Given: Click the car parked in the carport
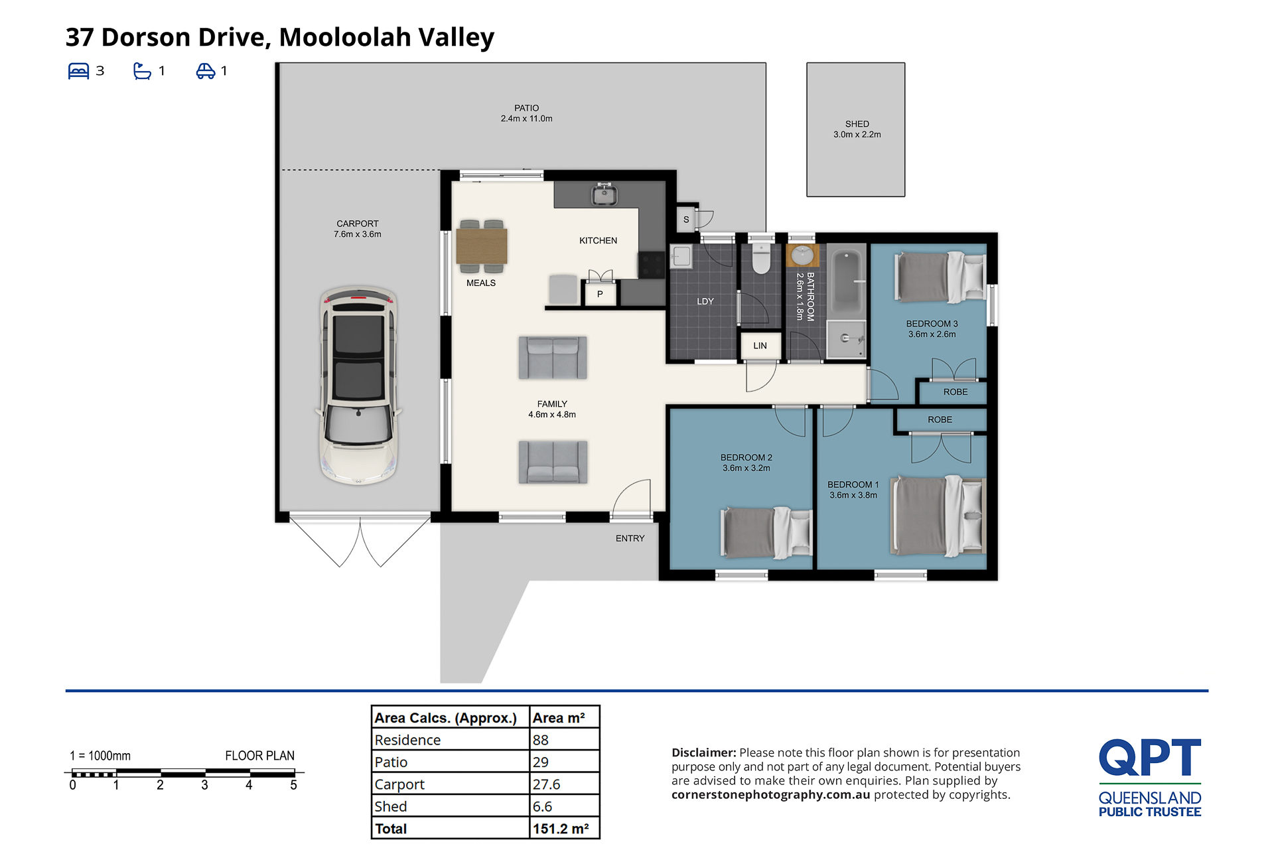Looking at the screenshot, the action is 359,385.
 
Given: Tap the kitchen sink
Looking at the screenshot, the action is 604,194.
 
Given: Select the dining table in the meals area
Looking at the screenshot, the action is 482,246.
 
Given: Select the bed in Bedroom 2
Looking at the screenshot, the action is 766,533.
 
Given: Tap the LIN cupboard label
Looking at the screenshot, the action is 760,346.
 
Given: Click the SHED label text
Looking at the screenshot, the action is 857,124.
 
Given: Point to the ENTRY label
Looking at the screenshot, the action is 630,538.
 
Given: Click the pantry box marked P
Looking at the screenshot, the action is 600,294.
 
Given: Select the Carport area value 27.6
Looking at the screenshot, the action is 547,784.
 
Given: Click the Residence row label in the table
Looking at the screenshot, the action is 407,740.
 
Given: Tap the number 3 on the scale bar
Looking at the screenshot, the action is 204,785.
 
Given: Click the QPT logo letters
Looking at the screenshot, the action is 1150,757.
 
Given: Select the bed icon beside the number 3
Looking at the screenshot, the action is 78,71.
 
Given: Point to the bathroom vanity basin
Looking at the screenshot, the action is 803,255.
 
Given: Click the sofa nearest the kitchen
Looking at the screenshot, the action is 553,357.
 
